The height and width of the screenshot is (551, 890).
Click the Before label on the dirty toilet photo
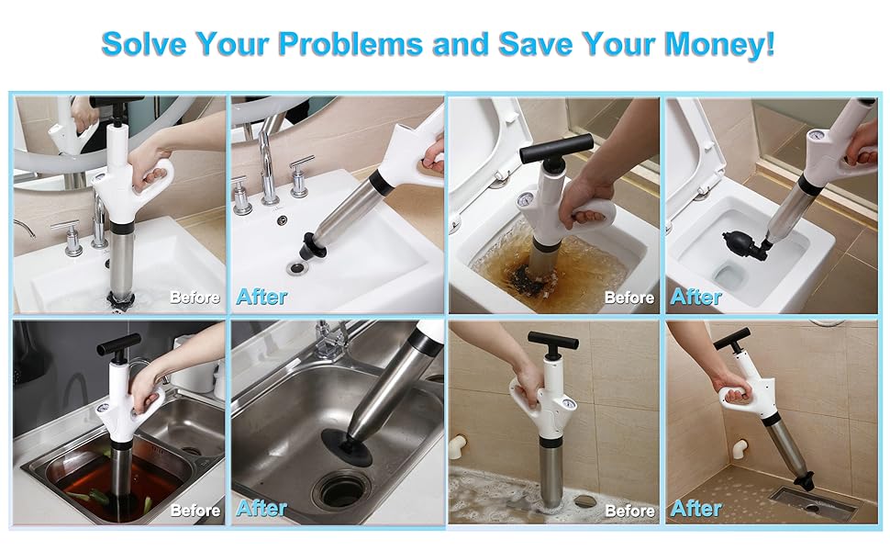click(629, 298)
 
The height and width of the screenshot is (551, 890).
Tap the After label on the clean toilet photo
click(696, 297)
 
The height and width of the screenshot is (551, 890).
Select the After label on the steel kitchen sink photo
click(261, 508)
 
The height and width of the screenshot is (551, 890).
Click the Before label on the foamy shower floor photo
click(629, 510)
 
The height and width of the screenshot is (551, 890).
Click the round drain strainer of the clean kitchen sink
click(342, 489)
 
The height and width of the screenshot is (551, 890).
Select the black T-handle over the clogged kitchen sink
click(119, 344)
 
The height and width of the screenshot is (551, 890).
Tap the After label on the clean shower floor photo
click(696, 508)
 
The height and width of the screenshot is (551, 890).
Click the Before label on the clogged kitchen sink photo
click(195, 510)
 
